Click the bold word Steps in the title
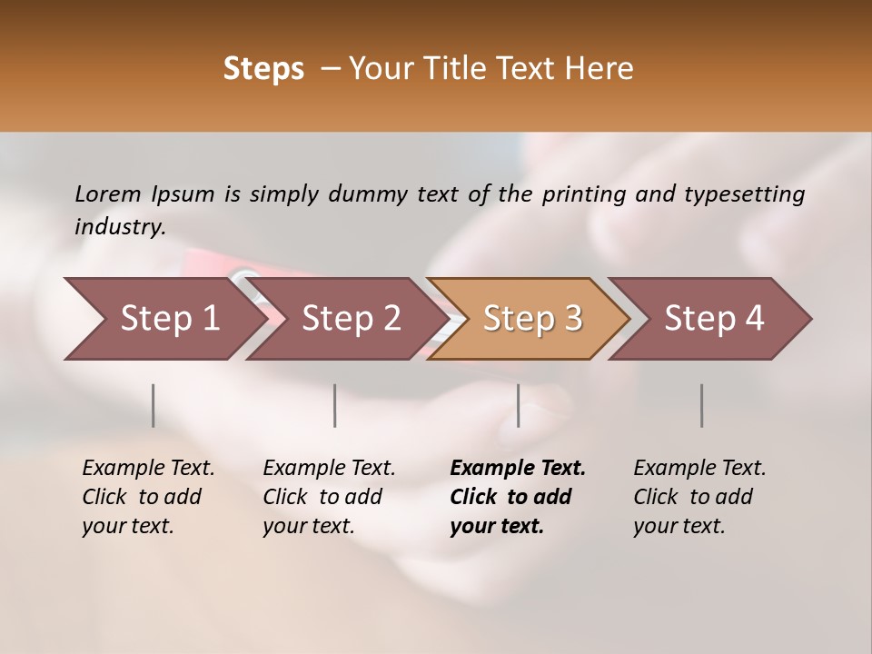click(263, 69)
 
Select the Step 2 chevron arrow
click(351, 319)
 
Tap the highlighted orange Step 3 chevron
click(532, 319)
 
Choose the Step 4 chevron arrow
click(714, 319)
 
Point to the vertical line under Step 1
click(154, 405)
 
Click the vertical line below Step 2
click(335, 405)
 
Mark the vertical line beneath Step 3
click(519, 405)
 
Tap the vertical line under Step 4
click(702, 405)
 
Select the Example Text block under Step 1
click(147, 497)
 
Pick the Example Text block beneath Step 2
click(328, 497)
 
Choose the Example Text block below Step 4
click(699, 497)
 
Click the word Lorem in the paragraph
click(108, 193)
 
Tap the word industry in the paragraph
click(119, 227)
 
